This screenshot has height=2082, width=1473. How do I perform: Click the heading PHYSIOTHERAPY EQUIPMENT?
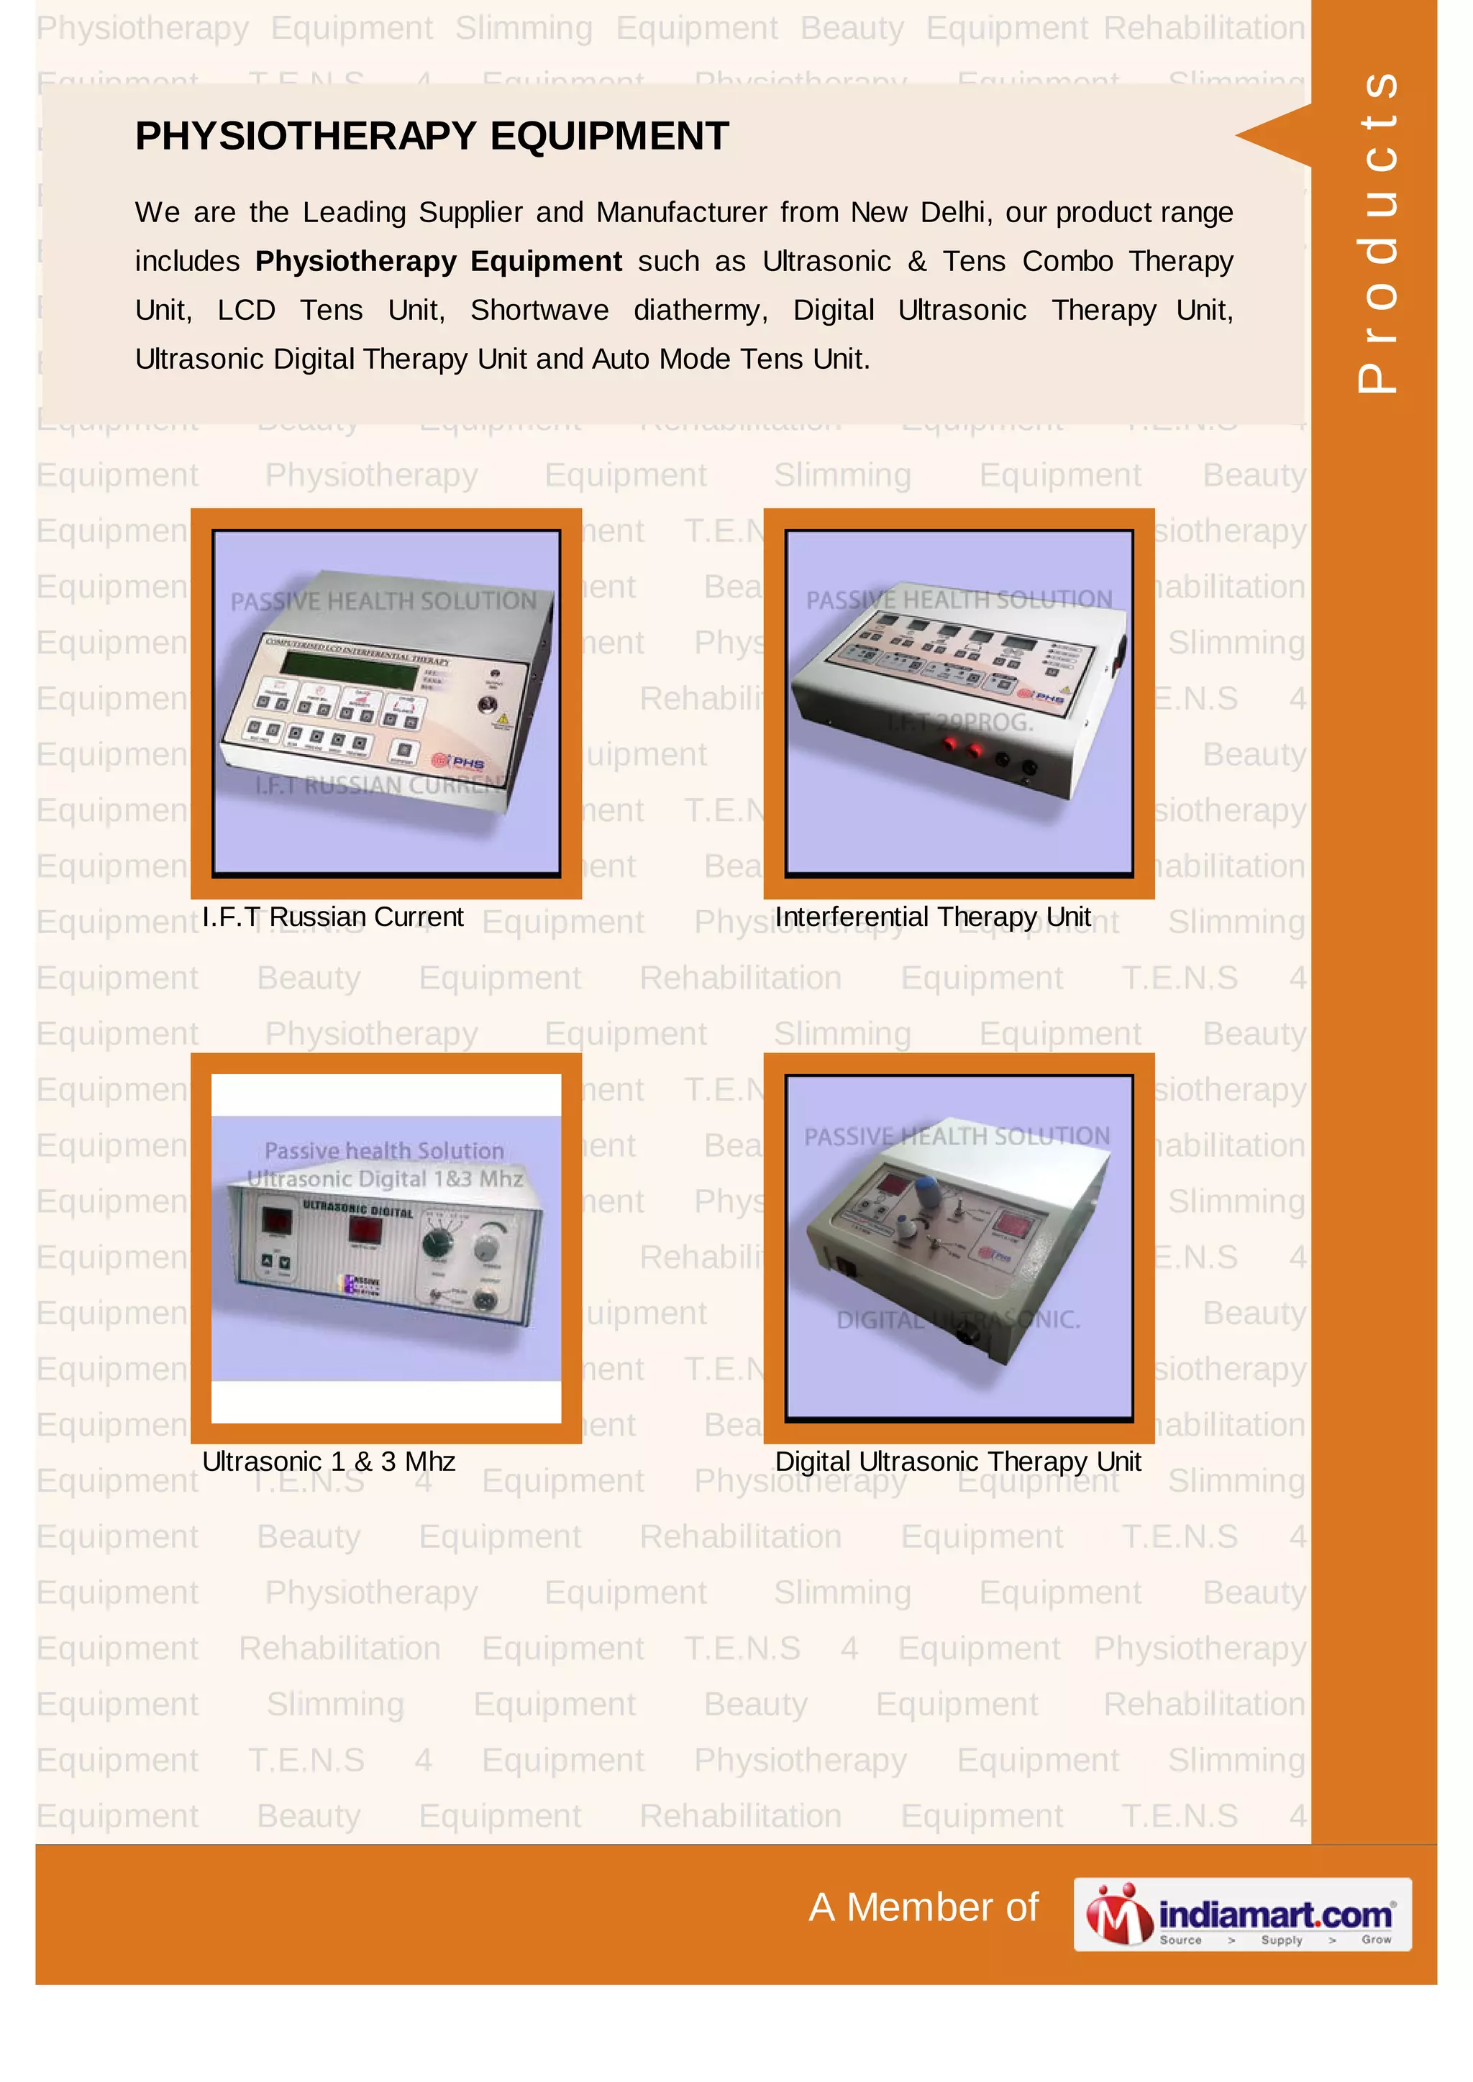click(432, 137)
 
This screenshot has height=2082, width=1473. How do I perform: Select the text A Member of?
click(923, 1907)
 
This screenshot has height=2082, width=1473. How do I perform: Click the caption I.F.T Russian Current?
click(332, 917)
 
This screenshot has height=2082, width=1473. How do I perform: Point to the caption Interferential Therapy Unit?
click(932, 917)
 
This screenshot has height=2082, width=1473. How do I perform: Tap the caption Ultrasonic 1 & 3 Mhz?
click(329, 1461)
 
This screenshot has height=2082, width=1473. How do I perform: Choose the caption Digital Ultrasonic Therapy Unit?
click(958, 1461)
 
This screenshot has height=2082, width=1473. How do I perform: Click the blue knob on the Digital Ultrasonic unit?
click(927, 1191)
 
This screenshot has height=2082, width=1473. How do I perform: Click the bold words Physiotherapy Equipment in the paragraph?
click(438, 261)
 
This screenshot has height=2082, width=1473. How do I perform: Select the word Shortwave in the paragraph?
click(539, 310)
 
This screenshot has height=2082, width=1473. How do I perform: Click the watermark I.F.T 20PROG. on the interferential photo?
click(959, 723)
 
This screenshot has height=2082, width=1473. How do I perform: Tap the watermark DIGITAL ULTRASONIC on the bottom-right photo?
click(958, 1320)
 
